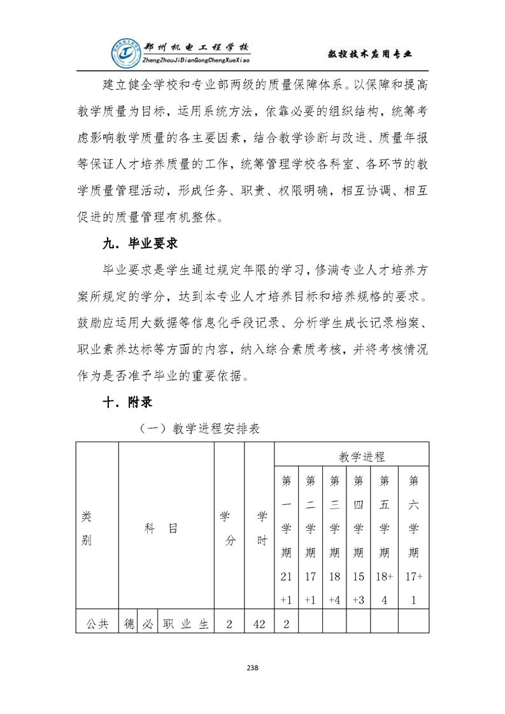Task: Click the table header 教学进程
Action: coord(361,456)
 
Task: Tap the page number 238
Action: coord(252,668)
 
